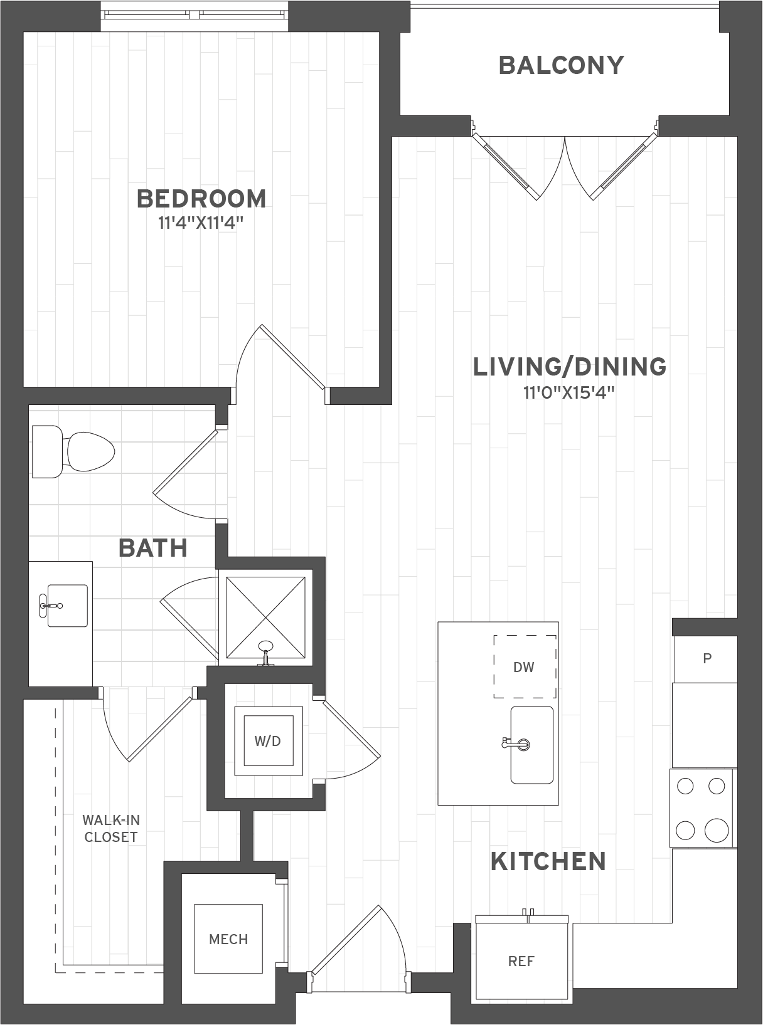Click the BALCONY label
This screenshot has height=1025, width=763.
[561, 65]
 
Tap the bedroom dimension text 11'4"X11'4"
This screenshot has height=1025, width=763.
[201, 224]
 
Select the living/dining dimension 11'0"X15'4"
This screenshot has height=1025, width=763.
[568, 393]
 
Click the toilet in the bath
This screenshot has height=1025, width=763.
[73, 451]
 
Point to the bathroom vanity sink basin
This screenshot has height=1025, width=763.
[68, 606]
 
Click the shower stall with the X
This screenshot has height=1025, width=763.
[265, 618]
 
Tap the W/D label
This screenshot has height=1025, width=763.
[267, 741]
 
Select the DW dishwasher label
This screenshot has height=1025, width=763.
[524, 667]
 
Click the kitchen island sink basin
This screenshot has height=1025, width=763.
[532, 745]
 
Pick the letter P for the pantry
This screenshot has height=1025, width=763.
[707, 658]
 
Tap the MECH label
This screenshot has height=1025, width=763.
[228, 939]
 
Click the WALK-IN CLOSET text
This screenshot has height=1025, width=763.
[111, 829]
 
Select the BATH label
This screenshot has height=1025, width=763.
[153, 548]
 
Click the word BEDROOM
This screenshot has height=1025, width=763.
[201, 199]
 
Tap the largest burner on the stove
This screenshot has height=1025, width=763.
[717, 830]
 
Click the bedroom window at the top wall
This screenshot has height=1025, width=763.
[195, 16]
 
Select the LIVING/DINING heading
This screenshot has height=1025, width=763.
[570, 367]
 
